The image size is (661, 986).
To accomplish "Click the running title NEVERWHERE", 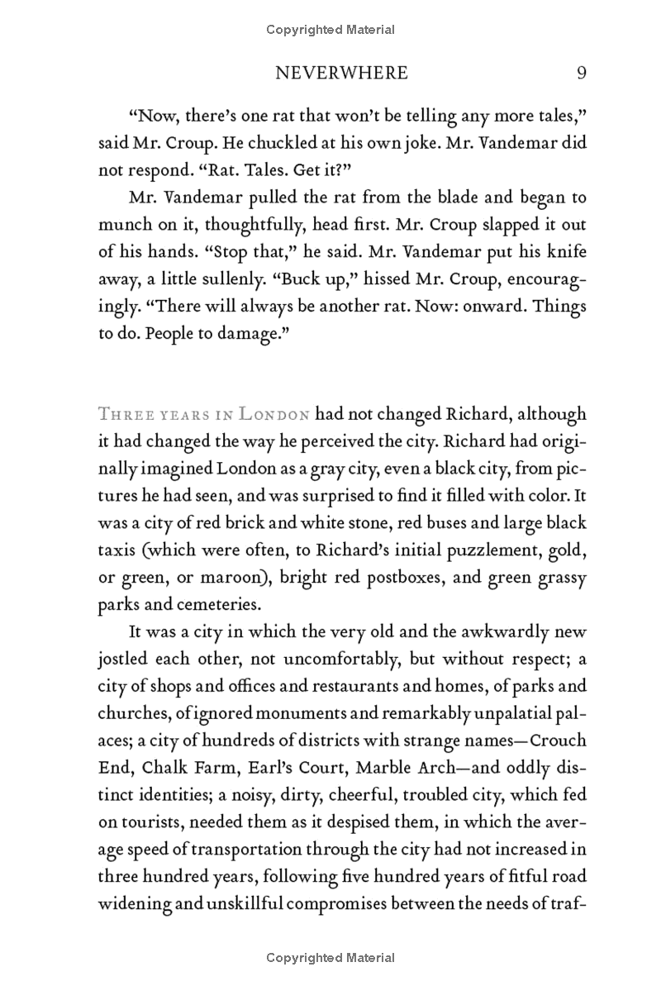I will (340, 73).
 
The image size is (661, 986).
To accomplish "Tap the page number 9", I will (581, 73).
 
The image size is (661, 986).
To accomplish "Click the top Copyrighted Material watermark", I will (330, 30).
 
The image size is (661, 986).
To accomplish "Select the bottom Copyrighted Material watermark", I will (330, 958).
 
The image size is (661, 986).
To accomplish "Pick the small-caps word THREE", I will (121, 414).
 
